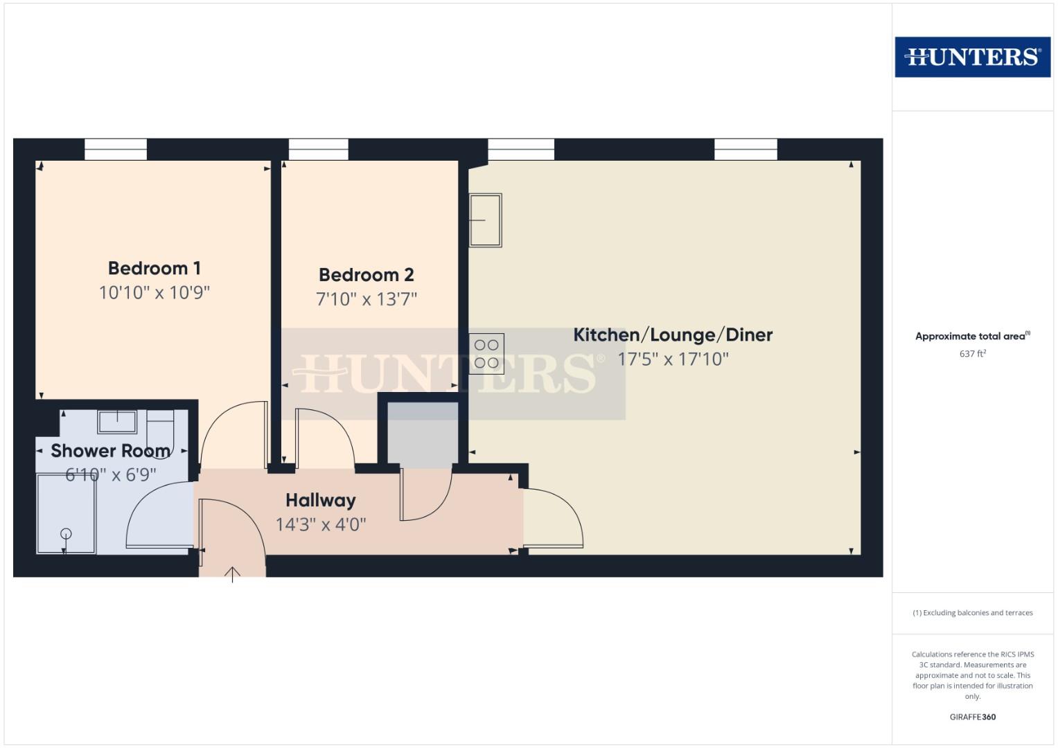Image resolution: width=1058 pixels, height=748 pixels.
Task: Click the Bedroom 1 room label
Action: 154,268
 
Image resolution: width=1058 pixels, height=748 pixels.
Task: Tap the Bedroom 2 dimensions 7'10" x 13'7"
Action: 366,299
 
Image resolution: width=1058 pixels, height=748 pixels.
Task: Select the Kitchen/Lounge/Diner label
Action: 672,335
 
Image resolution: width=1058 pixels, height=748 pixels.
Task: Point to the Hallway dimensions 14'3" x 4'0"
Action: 320,524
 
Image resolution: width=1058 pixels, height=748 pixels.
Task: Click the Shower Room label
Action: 110,451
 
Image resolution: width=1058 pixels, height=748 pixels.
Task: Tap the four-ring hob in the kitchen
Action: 486,354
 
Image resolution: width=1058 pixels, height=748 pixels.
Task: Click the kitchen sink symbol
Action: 485,220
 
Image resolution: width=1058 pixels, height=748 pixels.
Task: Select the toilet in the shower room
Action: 161,428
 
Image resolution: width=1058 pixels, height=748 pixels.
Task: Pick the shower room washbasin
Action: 116,420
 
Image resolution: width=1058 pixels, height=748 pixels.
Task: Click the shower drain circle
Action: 66,533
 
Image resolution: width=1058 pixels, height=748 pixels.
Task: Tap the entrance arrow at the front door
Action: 232,573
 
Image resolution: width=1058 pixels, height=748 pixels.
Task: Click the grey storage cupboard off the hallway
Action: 422,434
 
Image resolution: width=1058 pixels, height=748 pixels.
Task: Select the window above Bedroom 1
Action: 116,149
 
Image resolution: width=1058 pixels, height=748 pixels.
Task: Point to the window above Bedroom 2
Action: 318,149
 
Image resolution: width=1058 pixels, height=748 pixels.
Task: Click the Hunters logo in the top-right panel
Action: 972,57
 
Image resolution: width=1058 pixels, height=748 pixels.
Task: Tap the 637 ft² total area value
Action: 972,354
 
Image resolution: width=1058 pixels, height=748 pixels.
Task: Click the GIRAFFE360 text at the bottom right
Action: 972,717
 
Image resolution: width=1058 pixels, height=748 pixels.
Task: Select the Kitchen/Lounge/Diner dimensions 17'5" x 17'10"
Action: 673,359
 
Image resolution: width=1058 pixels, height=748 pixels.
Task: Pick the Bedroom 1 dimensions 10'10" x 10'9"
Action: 154,292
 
